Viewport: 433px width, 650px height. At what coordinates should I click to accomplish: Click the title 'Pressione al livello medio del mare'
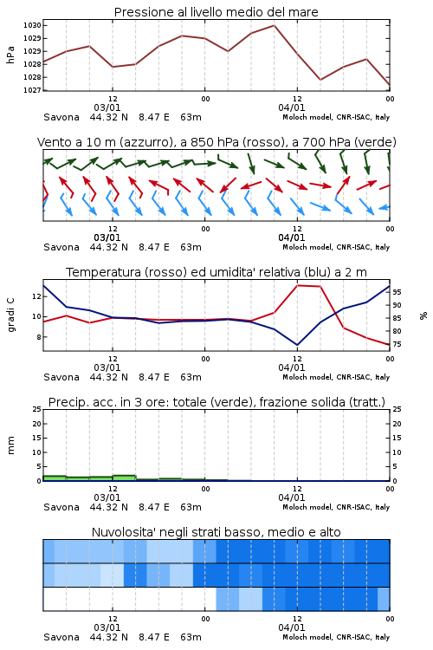pyautogui.click(x=216, y=12)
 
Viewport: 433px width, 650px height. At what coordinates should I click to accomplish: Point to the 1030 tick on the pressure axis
pyautogui.click(x=32, y=25)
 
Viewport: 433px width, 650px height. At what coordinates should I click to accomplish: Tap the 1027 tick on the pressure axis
pyautogui.click(x=32, y=90)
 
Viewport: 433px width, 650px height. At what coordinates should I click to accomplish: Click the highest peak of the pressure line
pyautogui.click(x=274, y=25)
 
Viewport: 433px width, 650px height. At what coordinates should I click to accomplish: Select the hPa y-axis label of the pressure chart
pyautogui.click(x=10, y=55)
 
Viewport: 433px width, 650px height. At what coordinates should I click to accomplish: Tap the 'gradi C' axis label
pyautogui.click(x=10, y=315)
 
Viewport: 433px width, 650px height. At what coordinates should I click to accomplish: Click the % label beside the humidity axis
pyautogui.click(x=423, y=315)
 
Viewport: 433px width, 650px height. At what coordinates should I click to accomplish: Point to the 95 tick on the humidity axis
pyautogui.click(x=397, y=292)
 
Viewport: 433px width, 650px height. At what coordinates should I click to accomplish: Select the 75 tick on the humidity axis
pyautogui.click(x=397, y=344)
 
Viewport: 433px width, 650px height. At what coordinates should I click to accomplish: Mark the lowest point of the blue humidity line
pyautogui.click(x=297, y=345)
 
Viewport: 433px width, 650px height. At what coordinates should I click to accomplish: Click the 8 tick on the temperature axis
pyautogui.click(x=38, y=337)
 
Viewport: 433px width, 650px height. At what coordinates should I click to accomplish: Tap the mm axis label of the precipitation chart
pyautogui.click(x=10, y=445)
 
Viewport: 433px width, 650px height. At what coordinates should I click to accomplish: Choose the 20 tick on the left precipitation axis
pyautogui.click(x=37, y=424)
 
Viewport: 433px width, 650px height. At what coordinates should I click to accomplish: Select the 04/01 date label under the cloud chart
pyautogui.click(x=291, y=627)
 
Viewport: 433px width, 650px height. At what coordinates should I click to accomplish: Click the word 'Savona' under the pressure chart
pyautogui.click(x=61, y=117)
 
